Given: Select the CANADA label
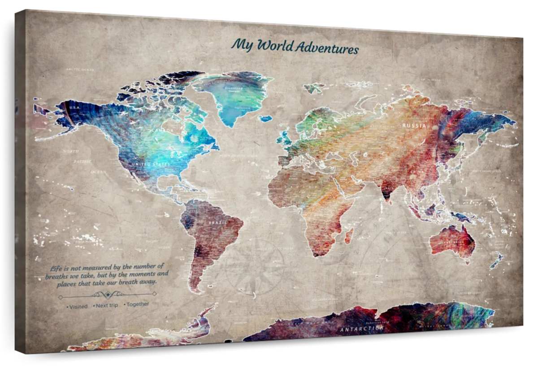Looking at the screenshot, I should pyautogui.click(x=162, y=131).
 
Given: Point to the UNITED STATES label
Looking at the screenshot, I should pyautogui.click(x=151, y=165).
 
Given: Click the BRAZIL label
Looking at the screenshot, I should pyautogui.click(x=218, y=222).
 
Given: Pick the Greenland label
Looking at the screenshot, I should pyautogui.click(x=233, y=88).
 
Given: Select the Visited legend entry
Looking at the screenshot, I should pyautogui.click(x=78, y=307).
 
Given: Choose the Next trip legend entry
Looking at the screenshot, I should pyautogui.click(x=106, y=305).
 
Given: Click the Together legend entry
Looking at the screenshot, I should pyautogui.click(x=137, y=304).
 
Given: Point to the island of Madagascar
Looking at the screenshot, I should pyautogui.click(x=348, y=235).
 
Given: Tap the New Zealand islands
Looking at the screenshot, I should pyautogui.click(x=497, y=259).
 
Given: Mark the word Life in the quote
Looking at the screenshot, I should pyautogui.click(x=56, y=268).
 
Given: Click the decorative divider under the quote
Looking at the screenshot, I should pyautogui.click(x=107, y=295).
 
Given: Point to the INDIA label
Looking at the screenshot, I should pyautogui.click(x=388, y=187).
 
